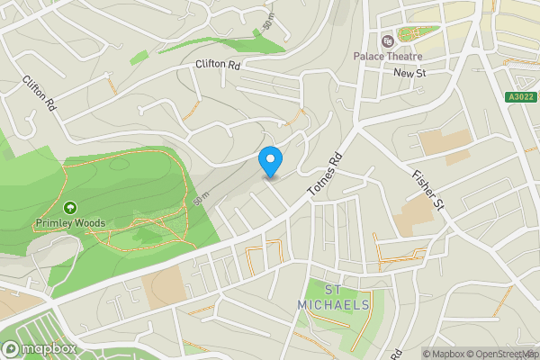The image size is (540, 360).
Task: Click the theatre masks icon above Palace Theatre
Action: [388, 40]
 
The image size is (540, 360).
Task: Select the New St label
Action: [409, 72]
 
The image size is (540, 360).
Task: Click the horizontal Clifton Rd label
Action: [218, 65]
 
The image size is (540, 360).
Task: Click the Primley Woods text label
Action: [70, 223]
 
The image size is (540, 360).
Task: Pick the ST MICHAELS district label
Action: [333, 298]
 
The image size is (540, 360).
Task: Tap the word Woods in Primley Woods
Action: [90, 223]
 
